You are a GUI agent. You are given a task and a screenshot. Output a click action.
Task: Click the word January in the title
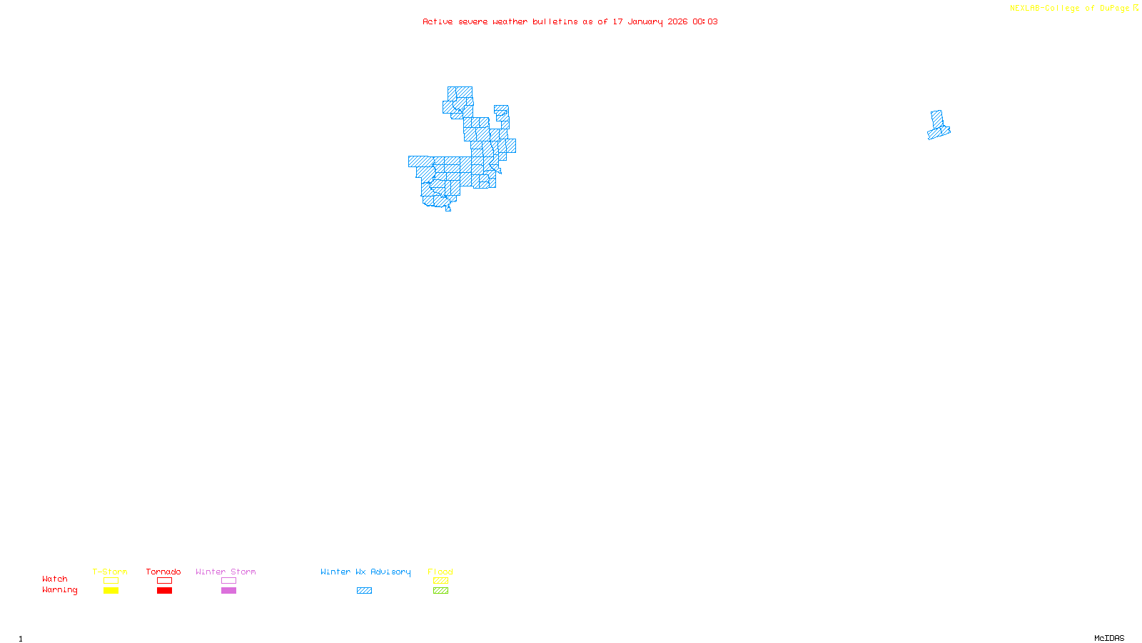pyautogui.click(x=645, y=21)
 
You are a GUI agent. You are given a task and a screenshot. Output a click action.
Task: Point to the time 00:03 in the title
pyautogui.click(x=705, y=21)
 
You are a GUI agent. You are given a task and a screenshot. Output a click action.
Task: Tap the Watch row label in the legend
pyautogui.click(x=55, y=579)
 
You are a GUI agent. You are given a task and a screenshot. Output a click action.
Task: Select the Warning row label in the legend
pyautogui.click(x=59, y=590)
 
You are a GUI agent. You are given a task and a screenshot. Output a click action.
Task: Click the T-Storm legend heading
pyautogui.click(x=110, y=572)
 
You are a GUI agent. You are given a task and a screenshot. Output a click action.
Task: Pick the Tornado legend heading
pyautogui.click(x=163, y=572)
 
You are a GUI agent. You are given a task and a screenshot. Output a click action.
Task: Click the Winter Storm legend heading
pyautogui.click(x=226, y=572)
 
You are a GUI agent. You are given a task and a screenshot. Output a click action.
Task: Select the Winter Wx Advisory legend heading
pyautogui.click(x=365, y=572)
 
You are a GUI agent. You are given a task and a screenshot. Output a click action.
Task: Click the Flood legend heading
pyautogui.click(x=440, y=572)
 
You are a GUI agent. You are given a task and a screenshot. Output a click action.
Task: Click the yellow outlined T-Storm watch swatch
pyautogui.click(x=111, y=581)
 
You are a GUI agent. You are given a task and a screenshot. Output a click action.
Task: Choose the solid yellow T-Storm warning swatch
pyautogui.click(x=111, y=591)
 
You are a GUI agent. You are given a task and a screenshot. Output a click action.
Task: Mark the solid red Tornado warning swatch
pyautogui.click(x=164, y=591)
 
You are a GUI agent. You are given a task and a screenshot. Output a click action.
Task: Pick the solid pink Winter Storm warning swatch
pyautogui.click(x=228, y=591)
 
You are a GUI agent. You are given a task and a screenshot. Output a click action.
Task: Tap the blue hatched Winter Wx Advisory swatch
pyautogui.click(x=364, y=591)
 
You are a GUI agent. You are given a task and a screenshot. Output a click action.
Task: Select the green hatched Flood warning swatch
pyautogui.click(x=440, y=591)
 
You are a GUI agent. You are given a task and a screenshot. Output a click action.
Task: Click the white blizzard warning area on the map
pyautogui.click(x=483, y=102)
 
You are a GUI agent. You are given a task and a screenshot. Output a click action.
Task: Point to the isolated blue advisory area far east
pyautogui.click(x=938, y=126)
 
